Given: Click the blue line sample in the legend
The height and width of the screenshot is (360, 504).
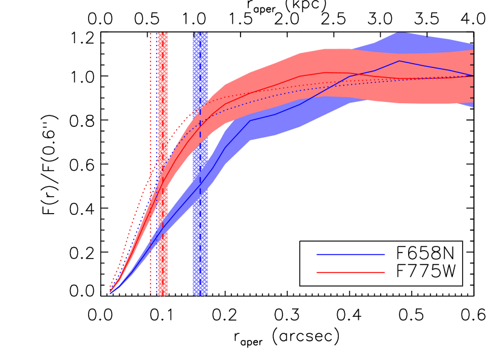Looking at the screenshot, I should click(350, 255).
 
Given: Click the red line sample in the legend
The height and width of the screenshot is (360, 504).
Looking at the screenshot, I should click(350, 273).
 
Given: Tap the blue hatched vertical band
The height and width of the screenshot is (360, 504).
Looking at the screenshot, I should click(200, 255).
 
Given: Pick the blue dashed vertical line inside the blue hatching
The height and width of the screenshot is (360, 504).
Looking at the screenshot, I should click(200, 152).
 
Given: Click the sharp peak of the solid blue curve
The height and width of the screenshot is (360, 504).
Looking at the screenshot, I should click(399, 61).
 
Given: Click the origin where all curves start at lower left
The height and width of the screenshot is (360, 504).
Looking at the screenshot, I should click(110, 293).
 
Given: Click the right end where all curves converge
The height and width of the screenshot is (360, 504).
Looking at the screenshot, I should click(472, 75).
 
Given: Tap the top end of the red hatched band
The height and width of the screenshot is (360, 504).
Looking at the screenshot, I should click(163, 34).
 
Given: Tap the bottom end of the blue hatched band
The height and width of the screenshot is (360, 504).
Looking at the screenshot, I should click(200, 294).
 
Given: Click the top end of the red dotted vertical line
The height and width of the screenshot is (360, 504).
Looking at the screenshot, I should click(151, 33).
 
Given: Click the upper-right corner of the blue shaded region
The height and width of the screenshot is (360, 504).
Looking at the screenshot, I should click(472, 45).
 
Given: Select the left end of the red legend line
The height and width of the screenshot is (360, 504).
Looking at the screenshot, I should click(318, 273).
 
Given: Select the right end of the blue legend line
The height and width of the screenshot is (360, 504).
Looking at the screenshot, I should click(384, 255).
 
